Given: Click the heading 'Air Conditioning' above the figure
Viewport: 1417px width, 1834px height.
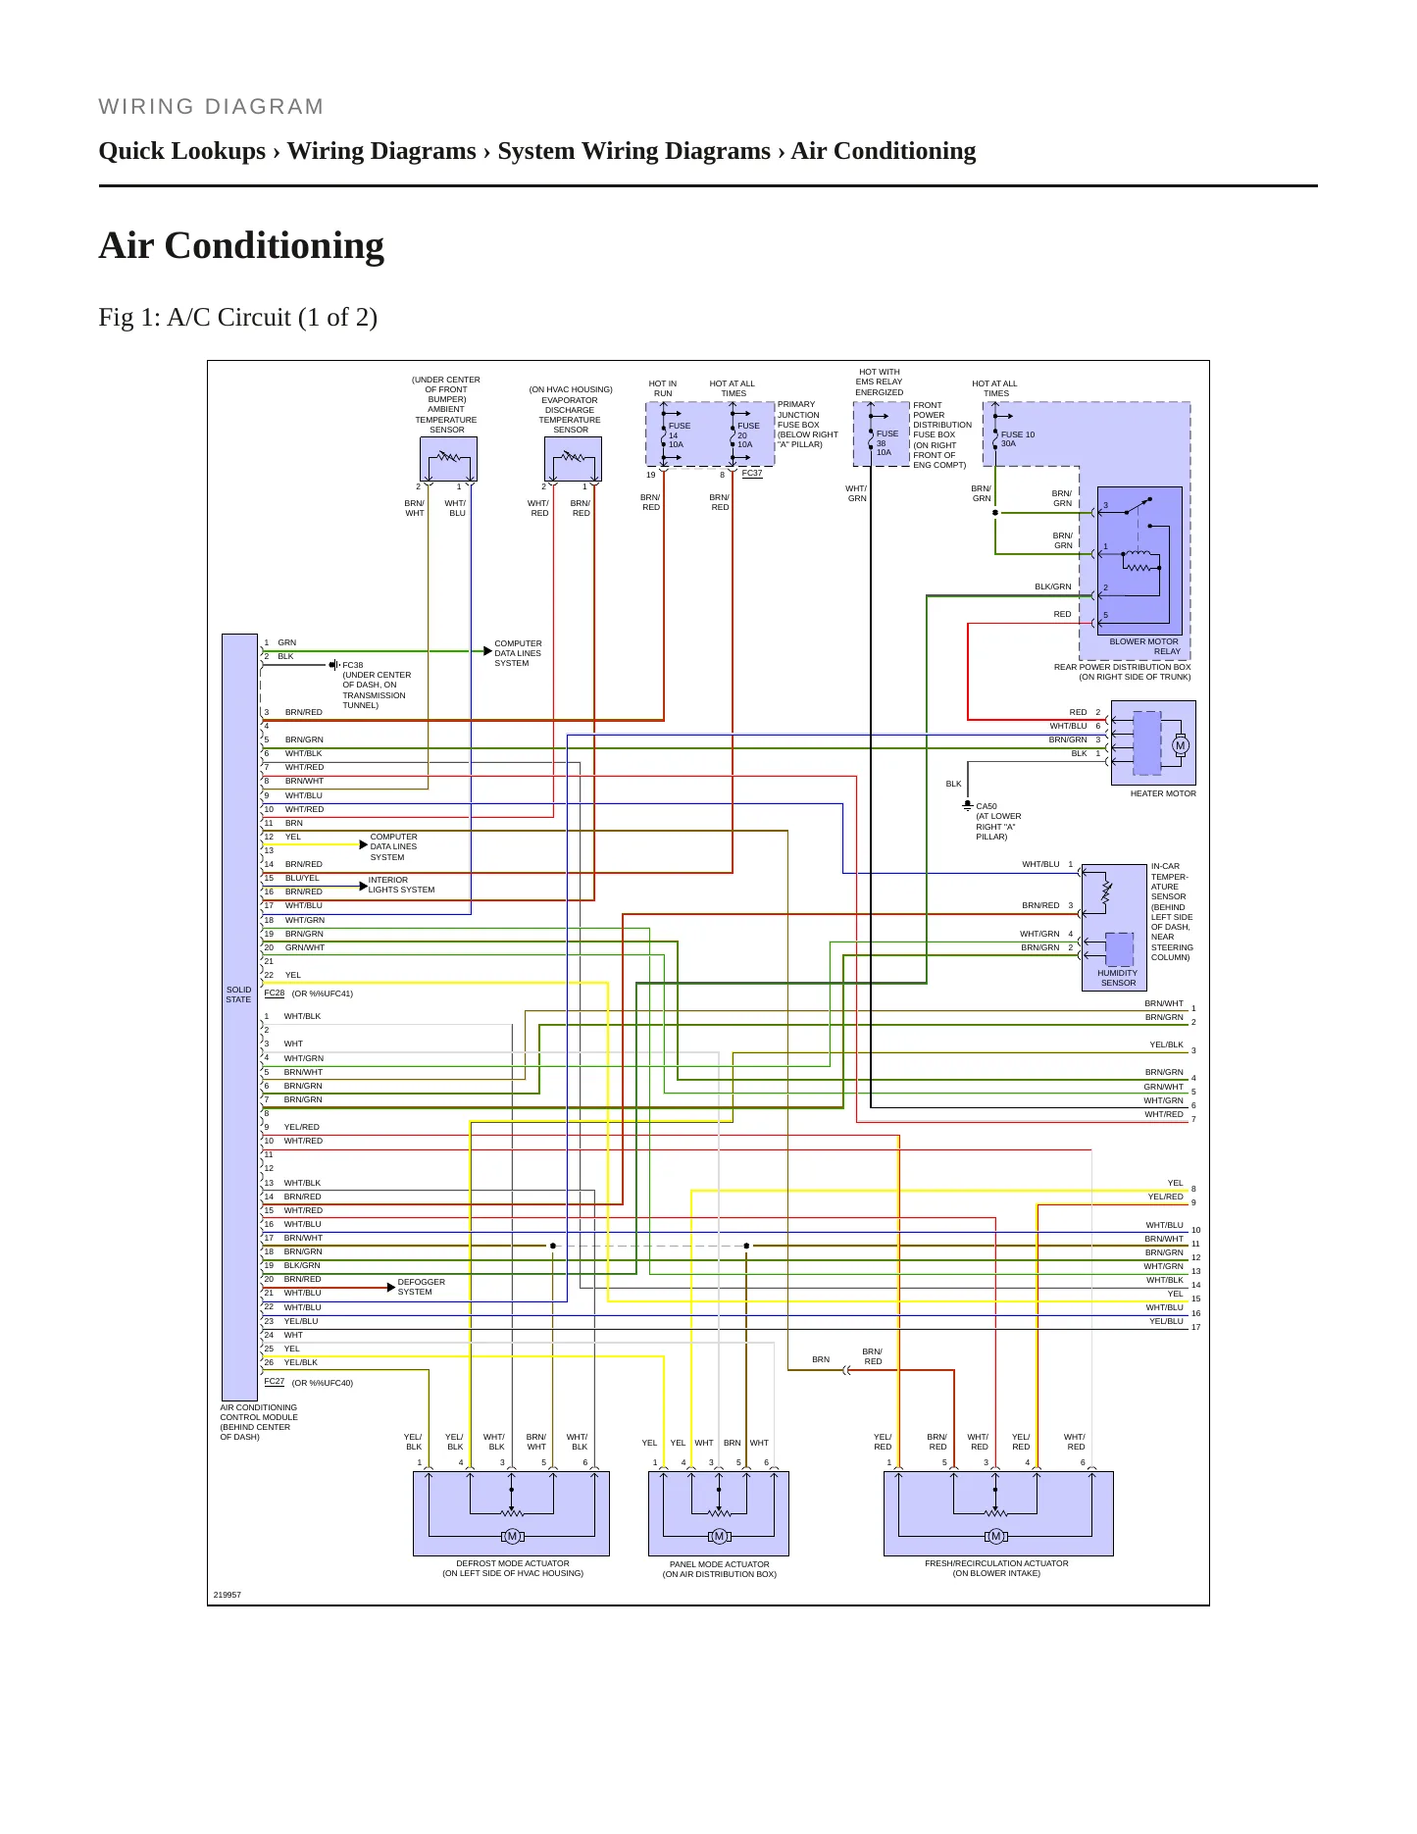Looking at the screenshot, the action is [241, 245].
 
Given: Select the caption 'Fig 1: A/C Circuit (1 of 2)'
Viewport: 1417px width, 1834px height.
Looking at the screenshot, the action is [238, 317].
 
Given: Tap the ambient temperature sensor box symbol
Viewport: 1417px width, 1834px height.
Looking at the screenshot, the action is [448, 458].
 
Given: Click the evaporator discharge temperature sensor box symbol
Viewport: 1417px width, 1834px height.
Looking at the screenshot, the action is [573, 458].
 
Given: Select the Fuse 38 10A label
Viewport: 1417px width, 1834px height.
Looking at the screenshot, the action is [886, 442].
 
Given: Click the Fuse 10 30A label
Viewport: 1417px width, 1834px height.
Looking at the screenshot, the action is [1017, 438].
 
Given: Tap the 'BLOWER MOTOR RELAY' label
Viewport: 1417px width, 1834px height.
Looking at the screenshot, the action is [1144, 646].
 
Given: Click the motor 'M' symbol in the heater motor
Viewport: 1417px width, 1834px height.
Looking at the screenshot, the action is [1180, 745].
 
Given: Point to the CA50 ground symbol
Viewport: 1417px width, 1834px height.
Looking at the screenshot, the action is [968, 806].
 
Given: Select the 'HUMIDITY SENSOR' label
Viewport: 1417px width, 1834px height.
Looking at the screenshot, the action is [1118, 978].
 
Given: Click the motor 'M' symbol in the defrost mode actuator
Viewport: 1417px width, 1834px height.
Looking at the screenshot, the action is [512, 1536].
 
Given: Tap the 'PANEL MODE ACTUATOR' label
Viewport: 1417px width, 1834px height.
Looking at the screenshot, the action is [719, 1564].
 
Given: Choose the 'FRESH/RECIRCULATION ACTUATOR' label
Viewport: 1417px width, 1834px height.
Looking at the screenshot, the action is [996, 1563].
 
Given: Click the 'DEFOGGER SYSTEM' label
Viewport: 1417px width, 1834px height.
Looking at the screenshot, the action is [421, 1287].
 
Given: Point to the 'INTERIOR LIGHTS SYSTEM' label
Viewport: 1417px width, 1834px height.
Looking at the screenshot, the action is [401, 885].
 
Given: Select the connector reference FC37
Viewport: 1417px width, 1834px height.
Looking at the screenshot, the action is [752, 473].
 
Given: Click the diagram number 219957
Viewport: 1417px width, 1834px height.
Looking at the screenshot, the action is [228, 1595].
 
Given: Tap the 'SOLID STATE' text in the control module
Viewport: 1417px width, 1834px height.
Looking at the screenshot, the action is [238, 994].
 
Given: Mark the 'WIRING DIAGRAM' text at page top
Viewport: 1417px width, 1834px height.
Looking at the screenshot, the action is [211, 107].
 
